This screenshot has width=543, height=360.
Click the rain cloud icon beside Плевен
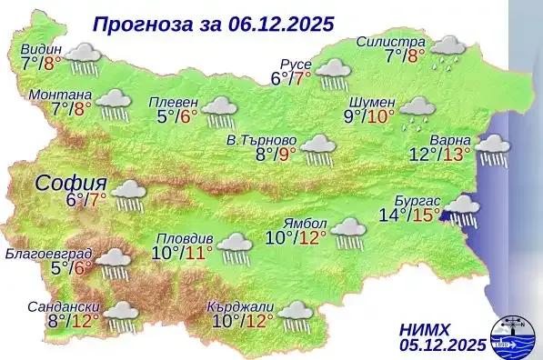coord(219,111)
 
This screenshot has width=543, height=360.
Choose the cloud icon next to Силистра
coord(448,50)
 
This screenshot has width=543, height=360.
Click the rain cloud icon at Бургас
coord(462,211)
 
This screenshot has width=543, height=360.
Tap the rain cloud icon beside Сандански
coord(120,315)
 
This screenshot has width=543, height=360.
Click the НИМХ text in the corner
coord(424,327)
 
